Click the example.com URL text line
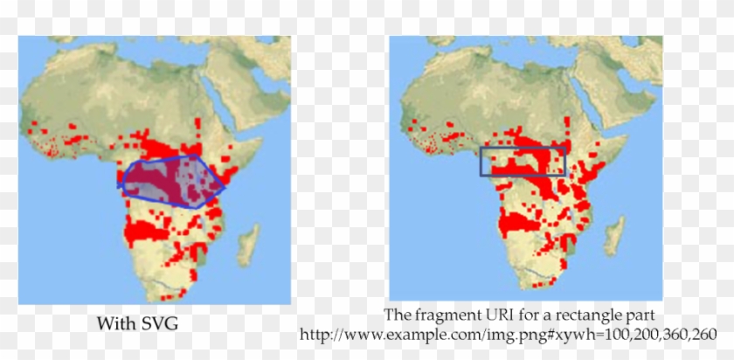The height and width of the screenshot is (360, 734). [x=508, y=335]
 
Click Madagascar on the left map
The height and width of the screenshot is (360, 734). [x=250, y=242]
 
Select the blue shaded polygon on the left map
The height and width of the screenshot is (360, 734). [x=170, y=179]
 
